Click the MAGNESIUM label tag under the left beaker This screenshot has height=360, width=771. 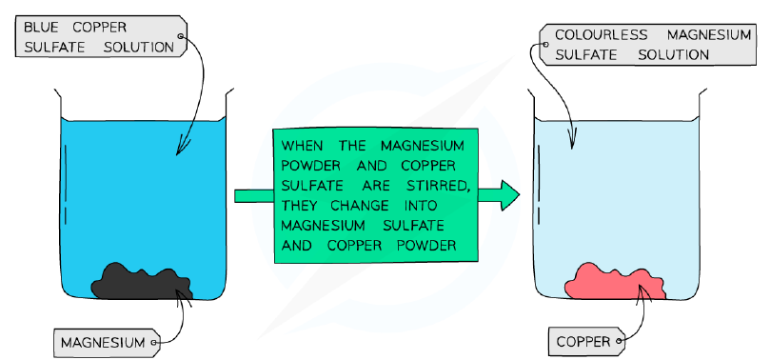[x=107, y=342]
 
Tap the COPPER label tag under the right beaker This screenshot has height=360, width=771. [x=586, y=342]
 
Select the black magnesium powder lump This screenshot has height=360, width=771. [x=142, y=282]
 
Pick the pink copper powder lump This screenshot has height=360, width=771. [x=615, y=282]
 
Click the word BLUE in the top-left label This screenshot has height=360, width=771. [x=40, y=27]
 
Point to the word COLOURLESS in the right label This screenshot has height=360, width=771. [x=601, y=35]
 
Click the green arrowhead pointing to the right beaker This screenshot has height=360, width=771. [x=510, y=195]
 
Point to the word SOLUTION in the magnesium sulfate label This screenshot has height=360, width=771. [x=673, y=55]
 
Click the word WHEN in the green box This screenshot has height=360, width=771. [x=303, y=146]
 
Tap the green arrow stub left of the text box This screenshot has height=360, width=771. [x=254, y=196]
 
